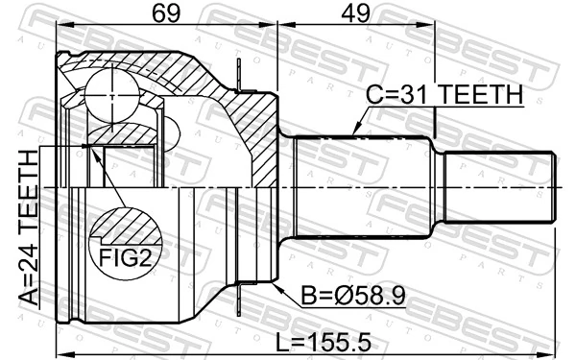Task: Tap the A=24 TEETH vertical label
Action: point(29,228)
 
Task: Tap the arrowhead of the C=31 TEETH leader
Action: point(354,132)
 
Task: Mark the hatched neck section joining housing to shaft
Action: point(254,134)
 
